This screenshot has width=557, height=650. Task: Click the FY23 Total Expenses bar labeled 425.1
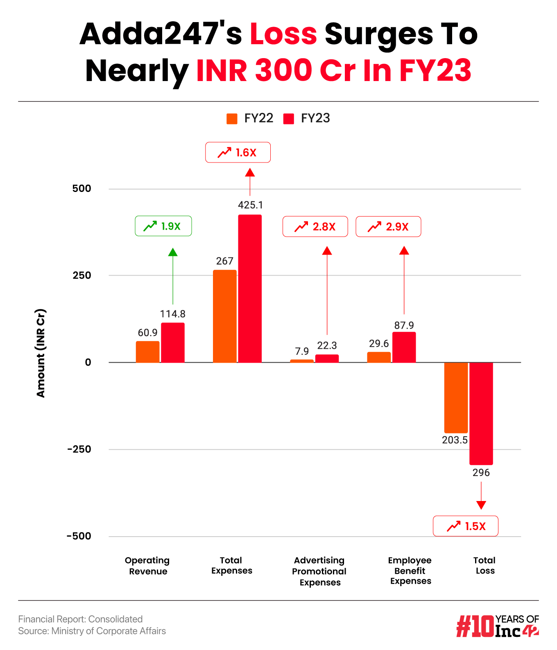tap(250, 289)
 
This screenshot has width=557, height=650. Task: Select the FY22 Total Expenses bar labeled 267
tap(224, 316)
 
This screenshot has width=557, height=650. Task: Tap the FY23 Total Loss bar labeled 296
tap(481, 413)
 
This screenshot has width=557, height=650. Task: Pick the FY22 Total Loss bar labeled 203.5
tap(456, 397)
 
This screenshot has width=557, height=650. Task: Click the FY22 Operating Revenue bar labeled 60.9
tap(147, 352)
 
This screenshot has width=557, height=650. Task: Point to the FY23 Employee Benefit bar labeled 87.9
tap(404, 347)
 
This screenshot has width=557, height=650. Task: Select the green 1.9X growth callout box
tap(163, 226)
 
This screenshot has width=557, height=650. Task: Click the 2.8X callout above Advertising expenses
tap(315, 227)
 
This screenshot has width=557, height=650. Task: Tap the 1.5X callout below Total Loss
tap(465, 526)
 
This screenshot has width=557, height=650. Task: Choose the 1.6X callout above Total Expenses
tap(238, 153)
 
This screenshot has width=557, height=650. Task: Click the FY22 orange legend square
tap(232, 119)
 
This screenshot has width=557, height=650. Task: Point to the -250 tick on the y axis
tap(79, 449)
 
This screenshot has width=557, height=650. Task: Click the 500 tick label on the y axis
tap(82, 189)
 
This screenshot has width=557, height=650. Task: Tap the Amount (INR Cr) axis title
tap(41, 353)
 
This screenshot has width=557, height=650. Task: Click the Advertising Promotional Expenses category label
tap(319, 571)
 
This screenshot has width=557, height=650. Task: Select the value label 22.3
tap(327, 345)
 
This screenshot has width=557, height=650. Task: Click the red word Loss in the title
tap(283, 34)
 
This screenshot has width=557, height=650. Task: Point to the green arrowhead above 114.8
tap(173, 252)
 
